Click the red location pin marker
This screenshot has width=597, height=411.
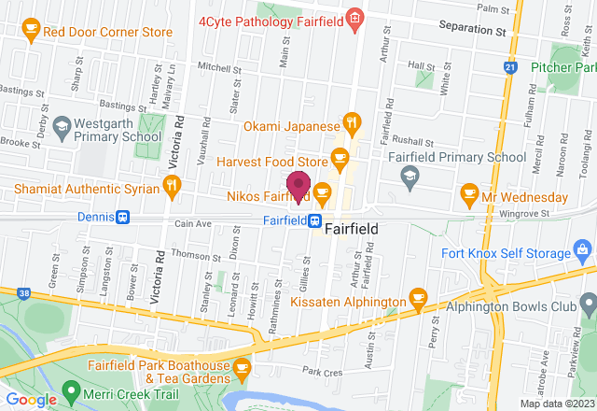tap(298, 185)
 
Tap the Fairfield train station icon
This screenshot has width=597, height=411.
tap(316, 221)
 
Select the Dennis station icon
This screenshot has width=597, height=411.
tap(122, 217)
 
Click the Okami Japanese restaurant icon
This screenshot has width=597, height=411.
tap(351, 121)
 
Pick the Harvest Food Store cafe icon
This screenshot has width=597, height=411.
tap(340, 156)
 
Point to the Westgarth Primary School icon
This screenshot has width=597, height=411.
tap(62, 124)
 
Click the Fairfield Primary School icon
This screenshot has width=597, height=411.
tap(409, 174)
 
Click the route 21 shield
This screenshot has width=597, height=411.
tap(508, 67)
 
